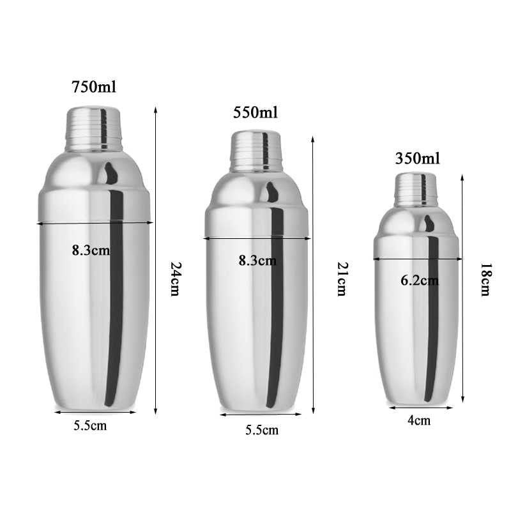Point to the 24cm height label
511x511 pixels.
174,278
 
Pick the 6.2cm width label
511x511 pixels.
420,280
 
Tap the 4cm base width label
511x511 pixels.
419,420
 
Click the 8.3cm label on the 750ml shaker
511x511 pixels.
91,250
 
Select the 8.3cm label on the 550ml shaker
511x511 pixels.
257,260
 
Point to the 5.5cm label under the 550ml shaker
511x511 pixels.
262,430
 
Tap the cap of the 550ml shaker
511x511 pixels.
257,152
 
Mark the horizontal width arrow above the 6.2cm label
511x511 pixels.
418,259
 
